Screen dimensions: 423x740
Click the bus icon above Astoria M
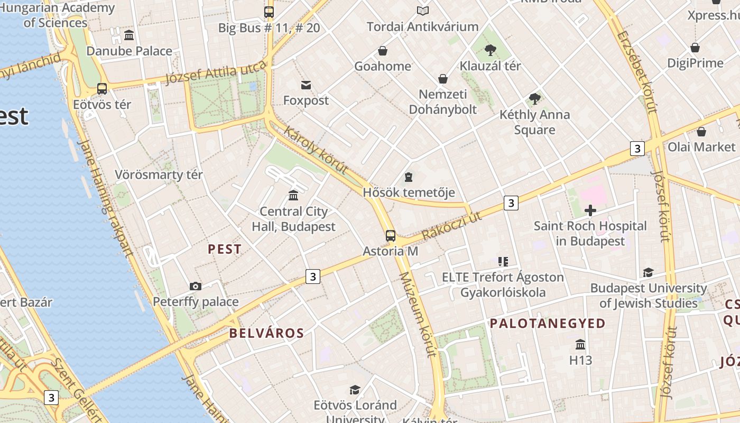[390, 235]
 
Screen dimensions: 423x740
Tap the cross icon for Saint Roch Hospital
[590, 210]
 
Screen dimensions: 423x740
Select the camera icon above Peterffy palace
[196, 286]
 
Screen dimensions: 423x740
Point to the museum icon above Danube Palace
[129, 35]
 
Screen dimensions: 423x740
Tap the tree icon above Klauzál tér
[490, 50]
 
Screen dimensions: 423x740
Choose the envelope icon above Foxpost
[306, 85]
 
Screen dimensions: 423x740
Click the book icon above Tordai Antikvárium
[422, 11]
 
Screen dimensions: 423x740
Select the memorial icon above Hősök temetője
[408, 177]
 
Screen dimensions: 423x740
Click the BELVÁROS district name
[266, 333]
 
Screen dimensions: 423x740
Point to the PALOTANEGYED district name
[548, 324]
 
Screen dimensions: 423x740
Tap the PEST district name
[225, 249]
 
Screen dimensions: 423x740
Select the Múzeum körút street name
[418, 315]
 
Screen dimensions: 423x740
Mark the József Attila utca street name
[215, 73]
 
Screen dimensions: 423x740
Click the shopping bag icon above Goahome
[382, 51]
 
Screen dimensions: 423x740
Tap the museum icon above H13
[580, 344]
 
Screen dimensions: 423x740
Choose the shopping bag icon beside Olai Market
[701, 131]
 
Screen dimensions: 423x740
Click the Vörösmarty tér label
[159, 174]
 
